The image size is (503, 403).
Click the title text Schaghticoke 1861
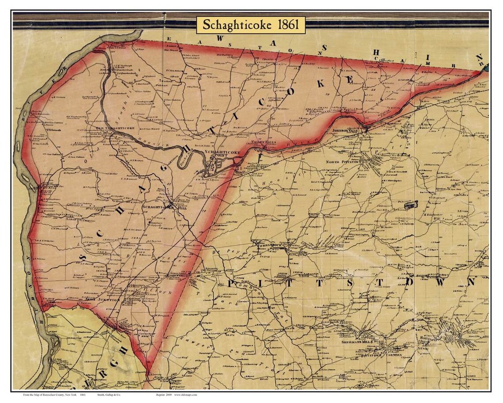click(250, 25)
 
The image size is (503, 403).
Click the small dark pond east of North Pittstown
click(411, 205)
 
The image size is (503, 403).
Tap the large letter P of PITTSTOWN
click(232, 283)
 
